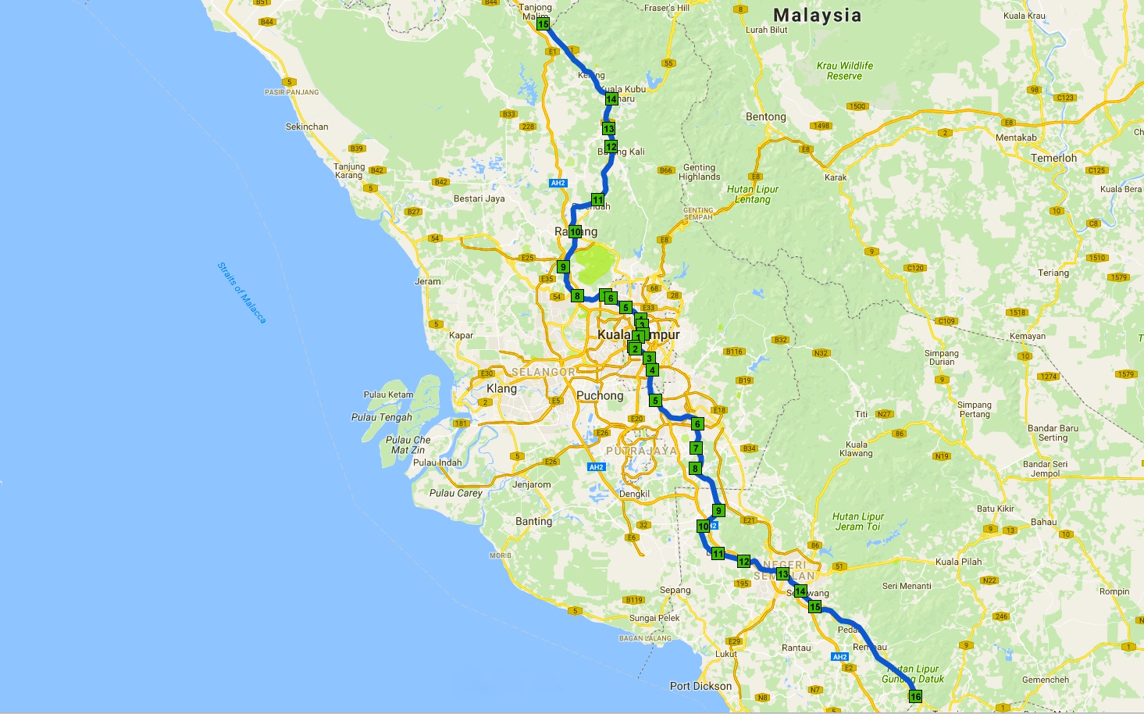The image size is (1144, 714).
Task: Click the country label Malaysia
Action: (x=817, y=15)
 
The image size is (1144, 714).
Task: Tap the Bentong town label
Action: (x=765, y=117)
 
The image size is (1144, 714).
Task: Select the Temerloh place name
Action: (x=1053, y=158)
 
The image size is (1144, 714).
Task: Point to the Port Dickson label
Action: (x=700, y=686)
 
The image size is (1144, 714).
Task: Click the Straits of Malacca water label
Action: (x=241, y=293)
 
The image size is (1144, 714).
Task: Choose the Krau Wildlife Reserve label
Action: (x=844, y=70)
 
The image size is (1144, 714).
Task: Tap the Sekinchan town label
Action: (x=307, y=127)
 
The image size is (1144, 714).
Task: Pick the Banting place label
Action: (x=533, y=521)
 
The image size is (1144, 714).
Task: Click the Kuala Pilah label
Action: (x=958, y=562)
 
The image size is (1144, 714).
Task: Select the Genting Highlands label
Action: (x=699, y=172)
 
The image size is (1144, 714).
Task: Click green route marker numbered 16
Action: (x=915, y=696)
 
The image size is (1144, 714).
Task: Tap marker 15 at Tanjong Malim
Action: (x=543, y=24)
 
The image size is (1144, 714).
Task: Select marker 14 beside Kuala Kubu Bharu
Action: (x=611, y=99)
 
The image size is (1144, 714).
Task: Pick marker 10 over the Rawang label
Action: (x=575, y=231)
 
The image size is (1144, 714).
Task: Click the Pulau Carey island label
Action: (x=455, y=493)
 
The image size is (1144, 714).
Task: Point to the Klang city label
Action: (x=501, y=388)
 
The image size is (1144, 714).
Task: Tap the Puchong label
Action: (x=600, y=395)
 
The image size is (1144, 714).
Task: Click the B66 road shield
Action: (x=665, y=170)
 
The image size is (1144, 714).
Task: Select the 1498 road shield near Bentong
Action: (x=821, y=126)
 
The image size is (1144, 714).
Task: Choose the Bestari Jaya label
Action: (x=479, y=198)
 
